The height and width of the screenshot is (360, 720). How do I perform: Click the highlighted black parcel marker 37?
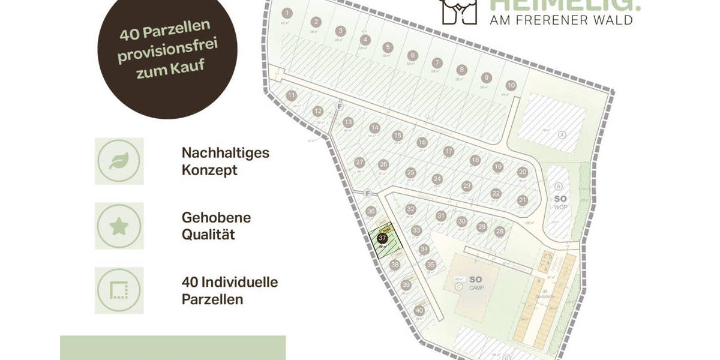382,238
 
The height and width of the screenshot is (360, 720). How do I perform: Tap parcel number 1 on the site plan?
287,13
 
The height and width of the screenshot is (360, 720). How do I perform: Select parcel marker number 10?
511,85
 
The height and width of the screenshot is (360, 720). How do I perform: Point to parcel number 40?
419,310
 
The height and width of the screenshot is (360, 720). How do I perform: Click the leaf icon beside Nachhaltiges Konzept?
119,161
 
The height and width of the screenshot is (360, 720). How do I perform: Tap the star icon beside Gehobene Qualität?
119,226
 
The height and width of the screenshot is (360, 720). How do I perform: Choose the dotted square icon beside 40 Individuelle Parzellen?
119,291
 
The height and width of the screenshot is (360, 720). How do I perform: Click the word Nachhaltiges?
225,152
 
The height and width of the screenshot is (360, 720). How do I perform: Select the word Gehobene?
216,217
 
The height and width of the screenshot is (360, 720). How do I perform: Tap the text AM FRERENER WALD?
561,20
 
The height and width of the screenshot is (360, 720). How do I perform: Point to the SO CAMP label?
475,283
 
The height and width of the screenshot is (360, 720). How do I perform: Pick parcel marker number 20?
522,172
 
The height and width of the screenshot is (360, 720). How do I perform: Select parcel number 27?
359,162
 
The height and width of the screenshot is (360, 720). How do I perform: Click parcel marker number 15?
397,136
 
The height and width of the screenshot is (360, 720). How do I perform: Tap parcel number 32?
410,209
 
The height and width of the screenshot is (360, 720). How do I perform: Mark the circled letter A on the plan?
562,134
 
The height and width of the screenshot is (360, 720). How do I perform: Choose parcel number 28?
500,232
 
